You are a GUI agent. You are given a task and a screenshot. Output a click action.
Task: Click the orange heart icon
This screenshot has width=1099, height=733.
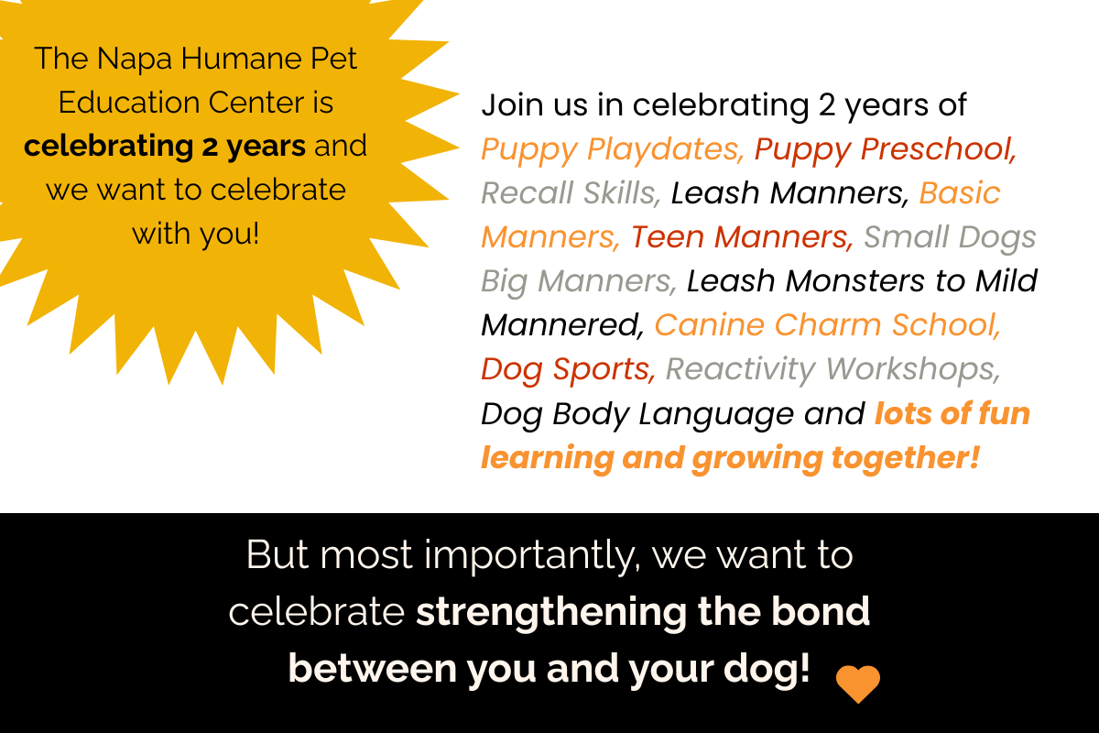[858, 684]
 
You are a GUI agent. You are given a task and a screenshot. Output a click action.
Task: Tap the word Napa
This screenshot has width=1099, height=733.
[135, 59]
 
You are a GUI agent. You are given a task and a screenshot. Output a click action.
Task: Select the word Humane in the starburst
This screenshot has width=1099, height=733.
[242, 58]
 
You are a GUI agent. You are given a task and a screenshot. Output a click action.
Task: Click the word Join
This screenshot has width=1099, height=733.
[513, 105]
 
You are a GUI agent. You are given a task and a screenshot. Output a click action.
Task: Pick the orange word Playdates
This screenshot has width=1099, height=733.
[666, 148]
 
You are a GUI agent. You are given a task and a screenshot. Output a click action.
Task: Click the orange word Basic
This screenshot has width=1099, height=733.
[959, 192]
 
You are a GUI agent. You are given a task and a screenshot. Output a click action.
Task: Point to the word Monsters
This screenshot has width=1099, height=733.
[854, 280]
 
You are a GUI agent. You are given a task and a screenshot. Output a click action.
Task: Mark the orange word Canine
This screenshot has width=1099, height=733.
[709, 324]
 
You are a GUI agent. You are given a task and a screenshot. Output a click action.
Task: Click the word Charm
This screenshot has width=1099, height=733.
[828, 324]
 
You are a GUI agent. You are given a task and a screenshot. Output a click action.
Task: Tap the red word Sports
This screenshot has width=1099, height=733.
[604, 369]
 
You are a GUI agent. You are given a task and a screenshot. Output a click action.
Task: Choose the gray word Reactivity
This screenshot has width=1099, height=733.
[740, 369]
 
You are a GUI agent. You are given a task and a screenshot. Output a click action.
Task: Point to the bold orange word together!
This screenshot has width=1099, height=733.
[906, 458]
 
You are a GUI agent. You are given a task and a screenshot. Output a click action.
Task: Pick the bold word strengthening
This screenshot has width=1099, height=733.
[551, 612]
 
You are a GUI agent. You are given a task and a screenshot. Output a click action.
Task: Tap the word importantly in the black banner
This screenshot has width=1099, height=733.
[532, 556]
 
